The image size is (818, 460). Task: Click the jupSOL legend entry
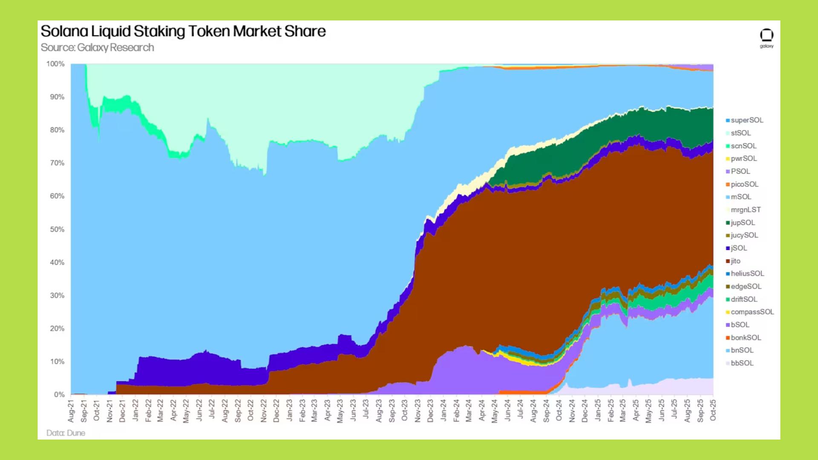coord(743,222)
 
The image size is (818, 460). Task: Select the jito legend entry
coord(735,261)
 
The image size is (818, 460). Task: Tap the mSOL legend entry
coord(741,197)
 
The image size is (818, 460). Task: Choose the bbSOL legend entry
coord(742,363)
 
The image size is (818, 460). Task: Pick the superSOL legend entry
coord(747,120)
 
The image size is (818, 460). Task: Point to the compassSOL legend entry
coord(752,312)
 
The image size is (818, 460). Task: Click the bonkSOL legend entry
coord(746,337)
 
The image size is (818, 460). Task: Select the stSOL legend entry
coord(740,133)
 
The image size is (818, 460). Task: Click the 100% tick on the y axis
coord(55,64)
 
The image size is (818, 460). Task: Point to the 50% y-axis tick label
coord(57,229)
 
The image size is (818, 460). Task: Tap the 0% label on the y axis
coord(59,394)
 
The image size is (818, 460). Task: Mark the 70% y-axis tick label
coord(57,163)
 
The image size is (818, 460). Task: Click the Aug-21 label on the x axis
coord(71,411)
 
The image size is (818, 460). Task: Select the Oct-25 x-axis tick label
coord(713,411)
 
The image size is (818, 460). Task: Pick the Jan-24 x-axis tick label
coord(443,411)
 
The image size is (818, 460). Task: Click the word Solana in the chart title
coord(64,31)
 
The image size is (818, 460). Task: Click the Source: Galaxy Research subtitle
coord(97,47)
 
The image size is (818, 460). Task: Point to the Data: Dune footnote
coord(66,433)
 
